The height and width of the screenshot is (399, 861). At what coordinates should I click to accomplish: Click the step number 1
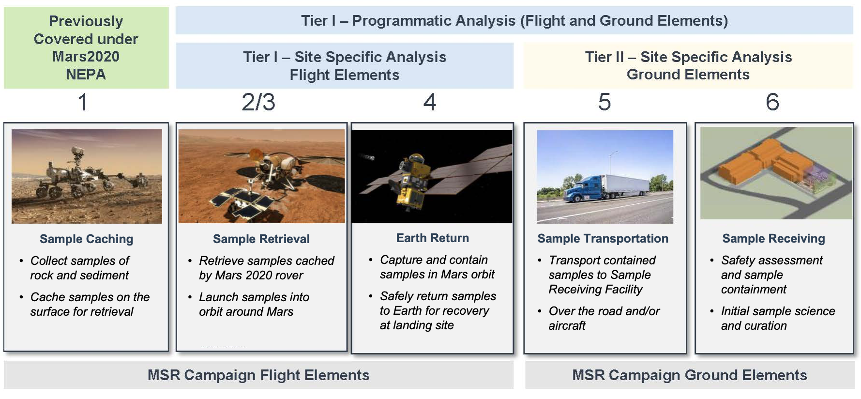click(x=83, y=102)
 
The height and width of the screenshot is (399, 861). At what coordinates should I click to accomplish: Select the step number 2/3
click(x=258, y=102)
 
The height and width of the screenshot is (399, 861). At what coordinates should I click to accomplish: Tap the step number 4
click(x=430, y=102)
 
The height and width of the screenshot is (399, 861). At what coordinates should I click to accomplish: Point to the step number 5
click(x=604, y=102)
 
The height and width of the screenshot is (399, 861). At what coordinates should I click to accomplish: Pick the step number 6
click(x=772, y=102)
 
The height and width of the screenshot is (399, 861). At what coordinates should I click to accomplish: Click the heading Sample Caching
click(x=87, y=239)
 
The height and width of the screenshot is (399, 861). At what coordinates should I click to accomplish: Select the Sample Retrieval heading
click(x=261, y=239)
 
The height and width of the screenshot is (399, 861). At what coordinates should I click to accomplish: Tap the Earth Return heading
click(x=433, y=238)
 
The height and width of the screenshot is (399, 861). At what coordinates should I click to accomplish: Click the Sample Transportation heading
click(x=603, y=238)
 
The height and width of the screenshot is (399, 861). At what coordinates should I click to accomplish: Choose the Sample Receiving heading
click(x=774, y=238)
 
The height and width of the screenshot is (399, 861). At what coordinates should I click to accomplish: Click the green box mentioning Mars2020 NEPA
click(x=86, y=47)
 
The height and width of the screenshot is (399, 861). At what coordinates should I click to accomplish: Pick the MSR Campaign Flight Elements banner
click(x=258, y=375)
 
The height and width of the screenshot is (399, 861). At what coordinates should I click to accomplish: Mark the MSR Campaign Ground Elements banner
click(x=690, y=375)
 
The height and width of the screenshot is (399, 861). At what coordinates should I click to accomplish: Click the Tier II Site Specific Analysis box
click(x=688, y=65)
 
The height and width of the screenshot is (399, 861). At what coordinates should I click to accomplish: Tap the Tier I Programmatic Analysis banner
click(x=514, y=20)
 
